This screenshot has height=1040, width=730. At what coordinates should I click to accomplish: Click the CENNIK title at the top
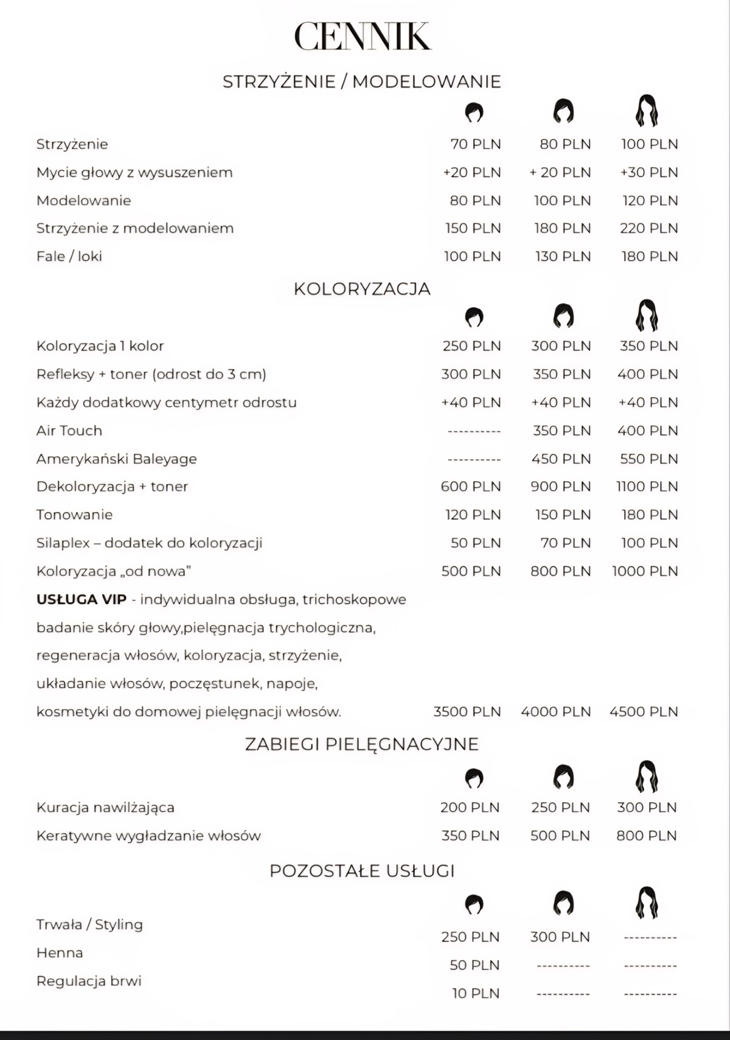tap(363, 36)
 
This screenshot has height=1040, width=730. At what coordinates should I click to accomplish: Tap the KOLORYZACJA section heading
tap(362, 289)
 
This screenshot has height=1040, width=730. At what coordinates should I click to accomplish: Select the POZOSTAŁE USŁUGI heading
tap(362, 871)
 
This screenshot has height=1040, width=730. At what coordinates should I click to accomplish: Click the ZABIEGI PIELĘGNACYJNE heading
tap(362, 744)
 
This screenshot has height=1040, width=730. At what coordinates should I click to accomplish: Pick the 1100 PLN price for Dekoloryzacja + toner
tap(647, 487)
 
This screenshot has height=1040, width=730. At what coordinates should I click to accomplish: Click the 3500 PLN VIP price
tap(467, 712)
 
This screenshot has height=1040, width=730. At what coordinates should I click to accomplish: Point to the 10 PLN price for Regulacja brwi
tap(475, 993)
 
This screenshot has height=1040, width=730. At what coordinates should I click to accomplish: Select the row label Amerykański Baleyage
tap(116, 459)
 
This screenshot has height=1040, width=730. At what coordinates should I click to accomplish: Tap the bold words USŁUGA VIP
tap(82, 599)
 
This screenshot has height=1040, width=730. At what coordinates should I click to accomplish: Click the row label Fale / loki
tap(69, 256)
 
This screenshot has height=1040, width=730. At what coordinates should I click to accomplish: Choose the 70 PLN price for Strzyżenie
tap(475, 144)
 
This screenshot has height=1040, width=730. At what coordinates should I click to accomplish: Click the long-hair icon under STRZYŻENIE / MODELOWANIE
tap(647, 111)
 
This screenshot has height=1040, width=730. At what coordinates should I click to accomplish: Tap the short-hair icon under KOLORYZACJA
tap(474, 317)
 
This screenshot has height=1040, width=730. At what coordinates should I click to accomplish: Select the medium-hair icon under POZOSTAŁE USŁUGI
tap(564, 903)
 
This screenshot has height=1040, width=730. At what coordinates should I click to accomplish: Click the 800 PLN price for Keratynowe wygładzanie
tap(646, 836)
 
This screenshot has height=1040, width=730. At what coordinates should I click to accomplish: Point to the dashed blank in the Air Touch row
tap(474, 431)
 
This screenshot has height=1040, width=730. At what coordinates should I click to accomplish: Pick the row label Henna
tap(60, 952)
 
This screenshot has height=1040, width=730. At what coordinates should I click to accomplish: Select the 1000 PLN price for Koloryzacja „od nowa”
tap(644, 571)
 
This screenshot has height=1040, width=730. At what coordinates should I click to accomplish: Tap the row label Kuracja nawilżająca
tap(105, 808)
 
